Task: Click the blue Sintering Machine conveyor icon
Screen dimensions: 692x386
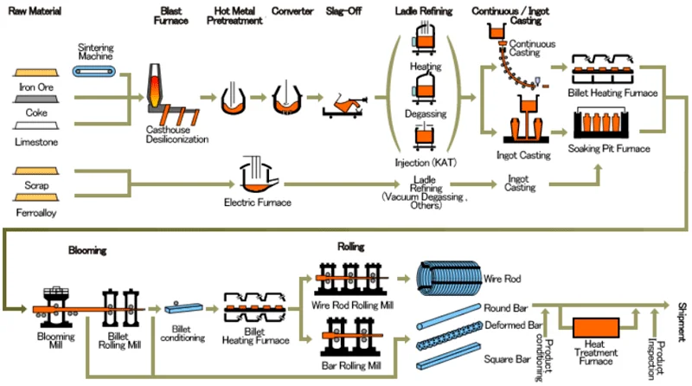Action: (94, 71)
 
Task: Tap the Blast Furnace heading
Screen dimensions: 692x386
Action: (170, 16)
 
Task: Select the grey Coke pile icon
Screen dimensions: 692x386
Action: (35, 100)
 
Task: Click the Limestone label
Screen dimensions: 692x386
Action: (36, 142)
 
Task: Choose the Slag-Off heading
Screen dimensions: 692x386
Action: (343, 11)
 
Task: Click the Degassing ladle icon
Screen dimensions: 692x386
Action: (424, 90)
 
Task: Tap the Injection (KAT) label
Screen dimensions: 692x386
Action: (426, 163)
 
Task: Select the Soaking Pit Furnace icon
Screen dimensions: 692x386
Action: (601, 123)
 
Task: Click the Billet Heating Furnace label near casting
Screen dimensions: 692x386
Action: (612, 93)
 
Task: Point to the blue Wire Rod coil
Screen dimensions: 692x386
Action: (449, 278)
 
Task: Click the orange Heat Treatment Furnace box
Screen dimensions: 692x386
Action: (596, 328)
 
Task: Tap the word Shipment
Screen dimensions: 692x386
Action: (682, 322)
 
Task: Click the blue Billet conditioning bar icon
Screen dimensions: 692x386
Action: (183, 308)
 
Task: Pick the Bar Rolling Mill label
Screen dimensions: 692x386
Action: (351, 366)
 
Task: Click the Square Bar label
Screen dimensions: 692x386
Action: (507, 359)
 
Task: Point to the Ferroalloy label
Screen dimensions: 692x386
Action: (36, 213)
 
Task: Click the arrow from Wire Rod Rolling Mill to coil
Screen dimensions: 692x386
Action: (403, 279)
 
